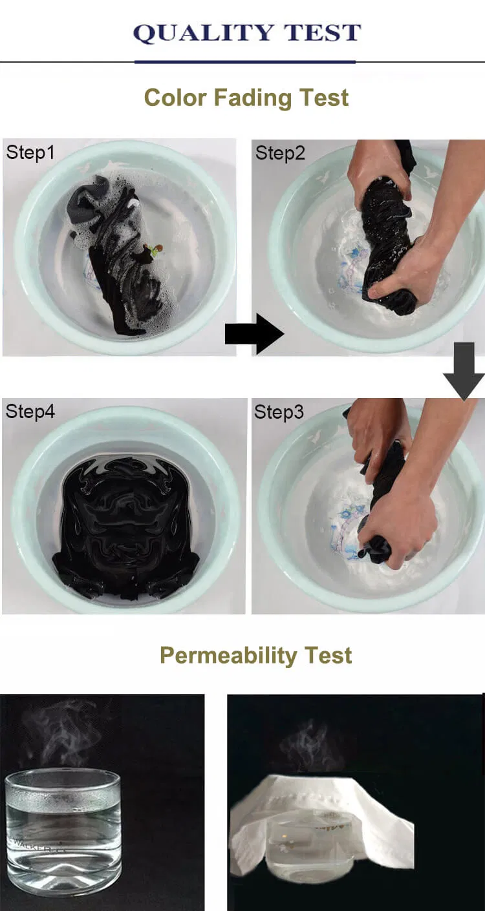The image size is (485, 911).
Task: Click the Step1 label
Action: [x=30, y=152]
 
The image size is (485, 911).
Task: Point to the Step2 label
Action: [x=279, y=153]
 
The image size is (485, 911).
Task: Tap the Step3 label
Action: [x=279, y=412]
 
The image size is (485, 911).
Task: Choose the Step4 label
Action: [x=30, y=412]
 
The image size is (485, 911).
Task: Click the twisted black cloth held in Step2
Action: [x=388, y=246]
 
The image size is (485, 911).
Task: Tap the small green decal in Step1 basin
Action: [x=154, y=249]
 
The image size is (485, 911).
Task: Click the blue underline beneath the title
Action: [x=244, y=62]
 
